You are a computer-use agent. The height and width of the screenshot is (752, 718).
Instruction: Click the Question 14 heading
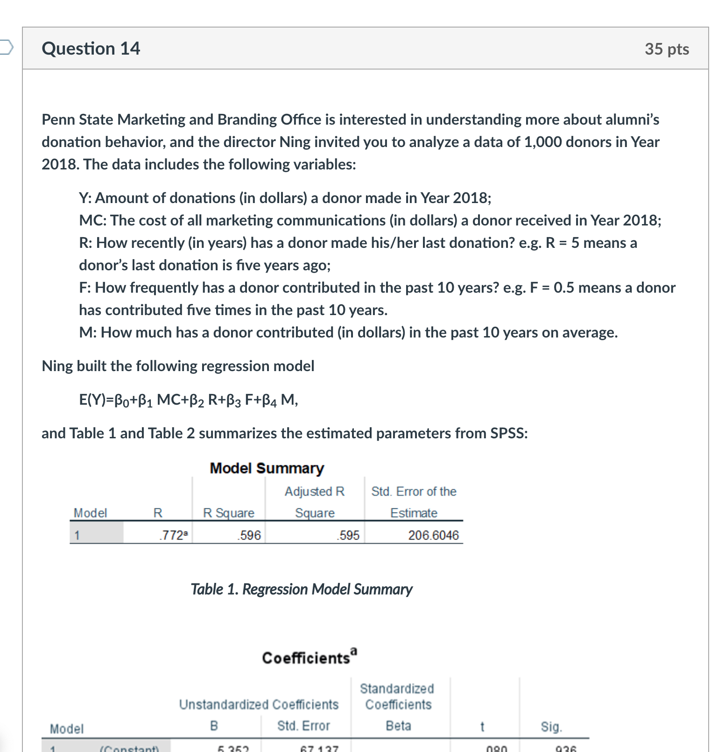[91, 49]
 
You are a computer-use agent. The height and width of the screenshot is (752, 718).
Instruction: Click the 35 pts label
[666, 49]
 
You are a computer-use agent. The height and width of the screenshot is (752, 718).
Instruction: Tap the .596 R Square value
[249, 535]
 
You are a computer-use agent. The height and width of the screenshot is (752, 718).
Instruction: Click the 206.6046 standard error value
[433, 535]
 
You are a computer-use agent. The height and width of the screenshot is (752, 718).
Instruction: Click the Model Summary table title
[267, 468]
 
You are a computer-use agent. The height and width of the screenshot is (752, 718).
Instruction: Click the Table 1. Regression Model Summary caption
[301, 589]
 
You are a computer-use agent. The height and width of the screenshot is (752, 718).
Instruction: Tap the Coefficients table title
[309, 657]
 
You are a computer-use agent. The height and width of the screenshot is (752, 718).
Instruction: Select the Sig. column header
[551, 727]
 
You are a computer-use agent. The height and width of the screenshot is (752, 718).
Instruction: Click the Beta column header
[398, 726]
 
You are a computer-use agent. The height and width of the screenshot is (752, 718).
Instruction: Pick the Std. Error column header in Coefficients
[303, 726]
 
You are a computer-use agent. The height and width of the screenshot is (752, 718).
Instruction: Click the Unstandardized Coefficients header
[259, 704]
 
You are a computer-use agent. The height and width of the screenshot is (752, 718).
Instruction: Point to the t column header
[482, 727]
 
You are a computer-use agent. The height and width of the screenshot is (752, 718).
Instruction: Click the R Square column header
[228, 513]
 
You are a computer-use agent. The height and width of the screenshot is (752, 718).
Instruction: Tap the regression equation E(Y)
[188, 400]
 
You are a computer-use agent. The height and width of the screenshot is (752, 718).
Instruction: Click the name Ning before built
[57, 366]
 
